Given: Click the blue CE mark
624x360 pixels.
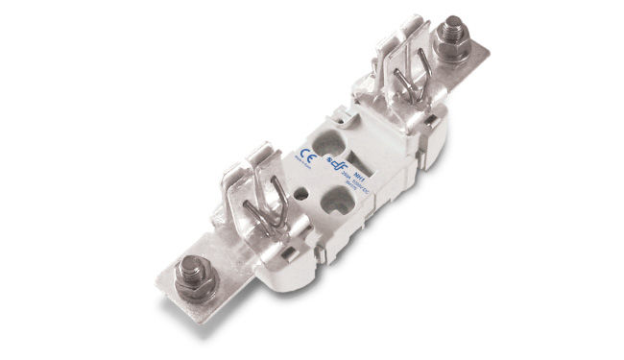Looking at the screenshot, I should (x=307, y=156).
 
